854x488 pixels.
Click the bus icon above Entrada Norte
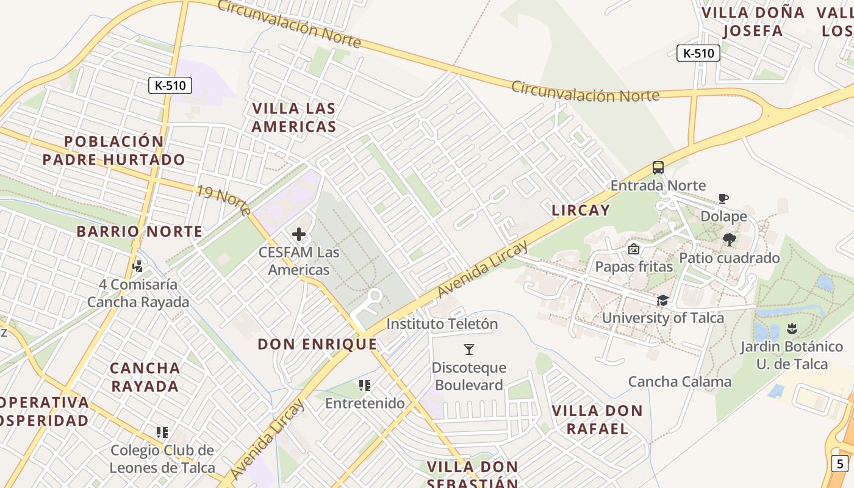point(658,167)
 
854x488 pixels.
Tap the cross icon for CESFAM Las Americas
point(299,234)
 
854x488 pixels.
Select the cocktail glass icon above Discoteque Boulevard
point(468,350)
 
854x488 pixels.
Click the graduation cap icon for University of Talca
point(662,300)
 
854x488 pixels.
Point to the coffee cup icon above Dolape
point(723,199)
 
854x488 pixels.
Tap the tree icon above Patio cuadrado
point(729,240)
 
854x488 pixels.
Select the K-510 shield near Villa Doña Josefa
point(698,53)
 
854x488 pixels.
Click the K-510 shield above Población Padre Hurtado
point(170,85)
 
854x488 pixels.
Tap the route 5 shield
point(840,464)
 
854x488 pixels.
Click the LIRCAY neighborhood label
point(580,210)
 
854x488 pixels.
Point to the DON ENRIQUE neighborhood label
point(317,344)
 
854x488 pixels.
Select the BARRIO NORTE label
point(139,232)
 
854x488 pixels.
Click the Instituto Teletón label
point(442,324)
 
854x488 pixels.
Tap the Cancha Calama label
point(680,382)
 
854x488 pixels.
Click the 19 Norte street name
point(223,200)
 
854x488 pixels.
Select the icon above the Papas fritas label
point(633,249)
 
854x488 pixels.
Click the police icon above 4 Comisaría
point(138,267)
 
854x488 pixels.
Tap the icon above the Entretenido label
point(365,386)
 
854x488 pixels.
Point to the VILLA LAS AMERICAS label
point(294,118)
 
